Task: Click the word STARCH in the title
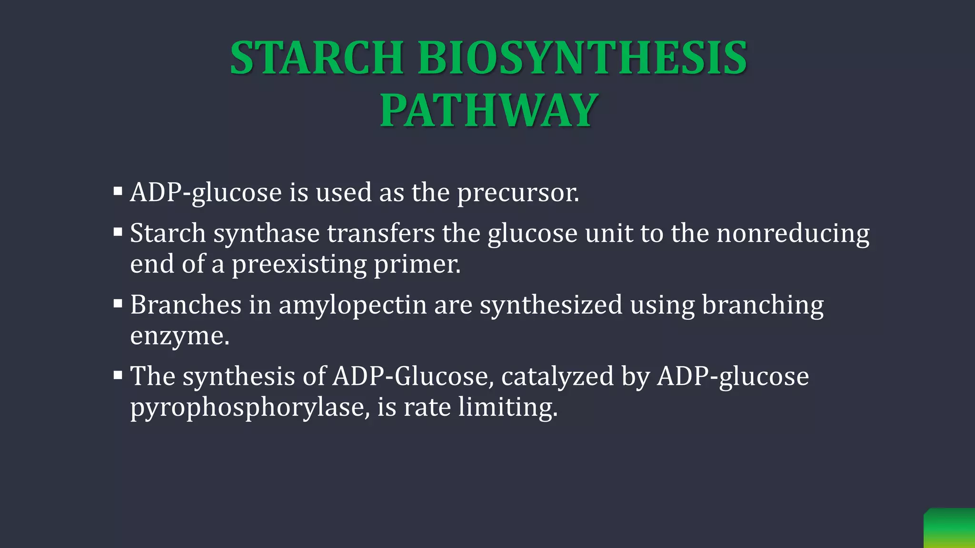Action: coord(317,58)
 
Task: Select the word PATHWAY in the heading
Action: coord(488,111)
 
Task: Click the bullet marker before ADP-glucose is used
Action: coord(118,192)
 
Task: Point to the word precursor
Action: coord(517,193)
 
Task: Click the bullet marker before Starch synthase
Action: coord(118,233)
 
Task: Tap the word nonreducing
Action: coord(793,234)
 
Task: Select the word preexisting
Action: coord(299,264)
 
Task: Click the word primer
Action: coord(417,264)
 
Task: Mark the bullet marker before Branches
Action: coord(118,304)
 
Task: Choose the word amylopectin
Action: coord(352,305)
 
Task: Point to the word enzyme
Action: coord(179,336)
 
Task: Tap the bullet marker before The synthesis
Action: coord(118,376)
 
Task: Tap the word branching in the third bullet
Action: coord(763,305)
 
